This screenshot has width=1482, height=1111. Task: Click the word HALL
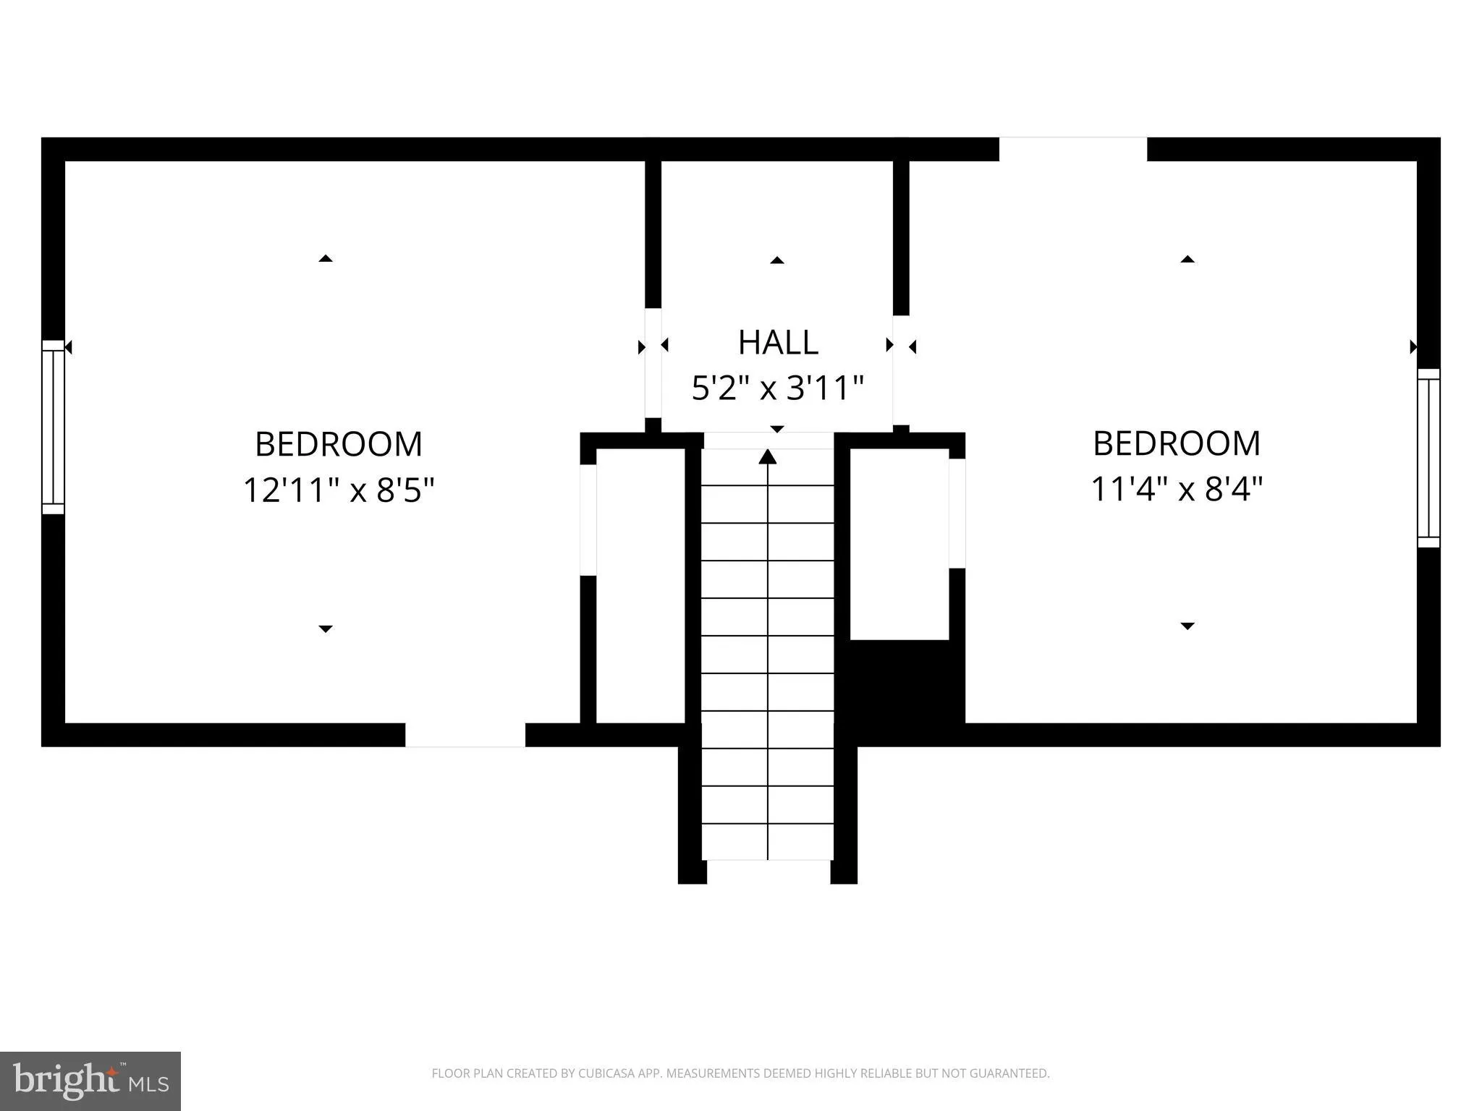click(778, 342)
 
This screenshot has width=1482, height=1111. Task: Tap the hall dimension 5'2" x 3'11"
click(778, 388)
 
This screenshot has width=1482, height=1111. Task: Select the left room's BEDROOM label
click(339, 444)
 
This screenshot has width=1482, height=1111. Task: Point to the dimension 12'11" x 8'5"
click(339, 490)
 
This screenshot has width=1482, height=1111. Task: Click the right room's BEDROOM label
click(1177, 443)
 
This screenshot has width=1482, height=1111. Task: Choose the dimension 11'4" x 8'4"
click(1177, 490)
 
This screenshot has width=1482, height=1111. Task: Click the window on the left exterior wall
click(53, 427)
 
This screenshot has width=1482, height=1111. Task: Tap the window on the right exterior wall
click(1428, 458)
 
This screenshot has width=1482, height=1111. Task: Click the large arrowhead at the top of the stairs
click(768, 456)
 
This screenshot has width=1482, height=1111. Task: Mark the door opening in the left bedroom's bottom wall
click(465, 735)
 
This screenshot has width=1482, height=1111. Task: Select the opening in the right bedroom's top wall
click(1073, 149)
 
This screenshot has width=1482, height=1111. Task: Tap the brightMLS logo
click(90, 1081)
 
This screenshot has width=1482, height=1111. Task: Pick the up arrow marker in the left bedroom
click(326, 258)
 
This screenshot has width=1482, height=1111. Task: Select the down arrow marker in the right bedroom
click(1187, 626)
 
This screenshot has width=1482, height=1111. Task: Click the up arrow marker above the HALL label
click(777, 260)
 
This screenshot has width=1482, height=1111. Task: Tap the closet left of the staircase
click(640, 586)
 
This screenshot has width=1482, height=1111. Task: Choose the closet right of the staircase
click(899, 544)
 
